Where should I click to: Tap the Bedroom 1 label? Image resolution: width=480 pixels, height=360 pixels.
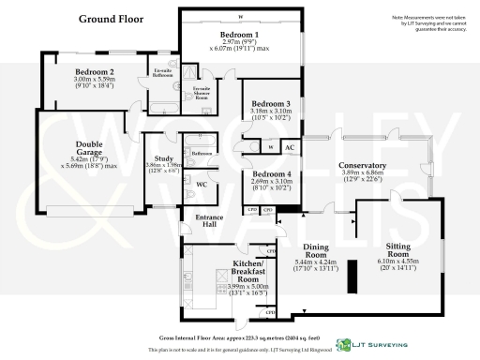(x=239, y=35)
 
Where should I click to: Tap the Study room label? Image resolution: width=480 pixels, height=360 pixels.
(x=163, y=160)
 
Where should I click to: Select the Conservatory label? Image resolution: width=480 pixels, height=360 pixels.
(x=365, y=166)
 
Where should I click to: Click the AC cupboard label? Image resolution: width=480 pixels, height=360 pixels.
(x=290, y=147)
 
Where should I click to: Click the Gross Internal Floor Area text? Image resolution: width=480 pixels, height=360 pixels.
(x=240, y=335)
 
